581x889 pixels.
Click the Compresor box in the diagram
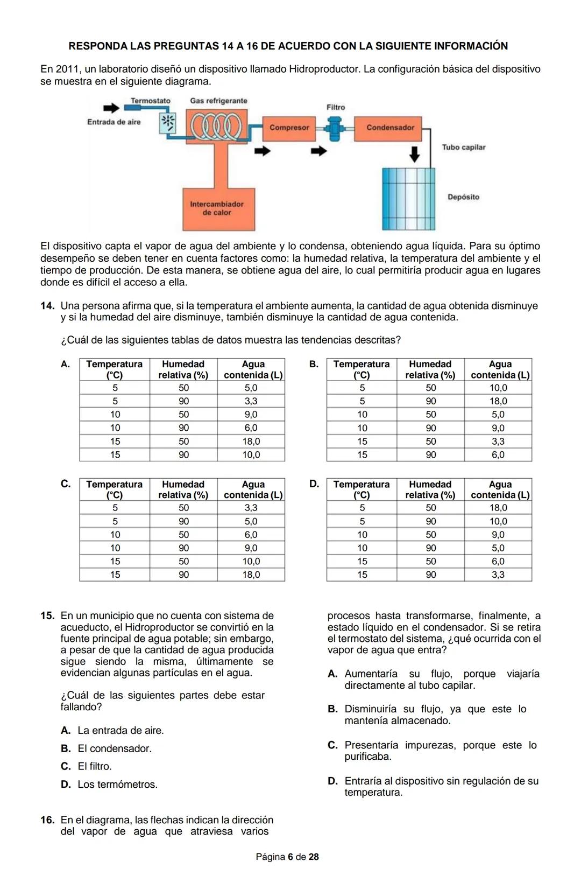coord(289,128)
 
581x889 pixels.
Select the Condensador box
coord(390,128)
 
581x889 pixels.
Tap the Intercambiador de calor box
coord(218,208)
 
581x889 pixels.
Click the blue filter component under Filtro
coord(335,128)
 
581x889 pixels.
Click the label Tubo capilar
coord(463,147)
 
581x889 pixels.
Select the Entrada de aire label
coord(114,122)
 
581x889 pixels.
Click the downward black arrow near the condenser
coord(414,153)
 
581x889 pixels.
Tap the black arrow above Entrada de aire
coord(111,108)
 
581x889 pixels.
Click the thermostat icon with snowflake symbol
coord(168,123)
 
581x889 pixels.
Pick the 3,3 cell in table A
coord(251,401)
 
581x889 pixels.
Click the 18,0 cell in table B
coord(498,401)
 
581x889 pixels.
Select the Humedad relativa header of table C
coord(183,489)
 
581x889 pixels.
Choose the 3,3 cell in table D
coord(498,575)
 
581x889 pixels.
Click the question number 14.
coord(47,306)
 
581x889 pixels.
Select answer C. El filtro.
coord(94,766)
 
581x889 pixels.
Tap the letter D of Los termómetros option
coord(66,785)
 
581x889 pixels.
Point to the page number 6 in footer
coord(290,857)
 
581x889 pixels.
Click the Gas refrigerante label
coord(218,101)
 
